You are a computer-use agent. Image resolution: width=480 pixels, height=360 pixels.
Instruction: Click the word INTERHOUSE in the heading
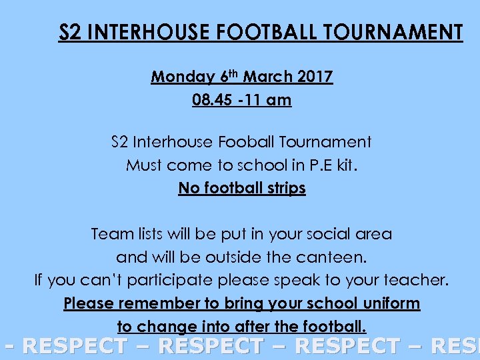click(x=143, y=32)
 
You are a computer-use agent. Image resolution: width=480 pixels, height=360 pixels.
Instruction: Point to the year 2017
click(x=315, y=77)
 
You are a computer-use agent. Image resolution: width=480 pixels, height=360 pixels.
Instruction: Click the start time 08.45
click(x=212, y=101)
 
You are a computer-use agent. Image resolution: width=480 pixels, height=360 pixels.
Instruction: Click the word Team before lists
click(x=111, y=234)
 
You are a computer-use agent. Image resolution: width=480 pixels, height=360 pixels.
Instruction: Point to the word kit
click(x=347, y=165)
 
